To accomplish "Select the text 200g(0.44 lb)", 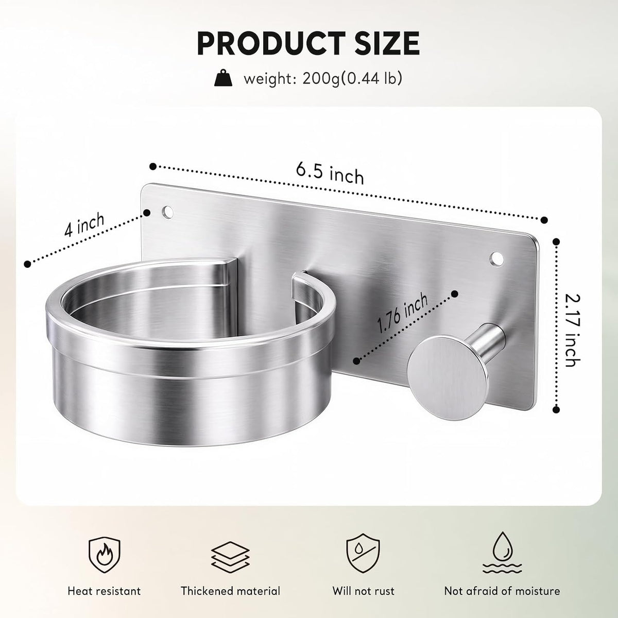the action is pyautogui.click(x=352, y=79).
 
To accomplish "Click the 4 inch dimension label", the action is pyautogui.click(x=84, y=225).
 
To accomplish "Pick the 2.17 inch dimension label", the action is pyautogui.click(x=573, y=331).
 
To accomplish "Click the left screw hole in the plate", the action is pyautogui.click(x=167, y=212).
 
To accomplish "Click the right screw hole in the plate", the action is pyautogui.click(x=496, y=259).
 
